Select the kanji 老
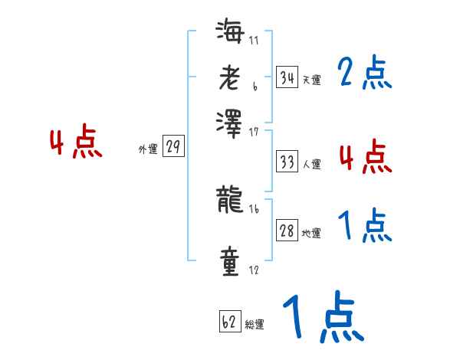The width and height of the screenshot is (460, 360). [230, 80]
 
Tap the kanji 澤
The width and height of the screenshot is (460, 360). [230, 123]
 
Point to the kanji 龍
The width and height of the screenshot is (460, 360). [230, 201]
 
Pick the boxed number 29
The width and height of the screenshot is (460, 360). [172, 148]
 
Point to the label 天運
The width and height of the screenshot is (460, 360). [312, 80]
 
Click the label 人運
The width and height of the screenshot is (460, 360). [312, 164]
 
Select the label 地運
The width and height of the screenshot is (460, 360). [312, 233]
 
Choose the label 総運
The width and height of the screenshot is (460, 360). [255, 325]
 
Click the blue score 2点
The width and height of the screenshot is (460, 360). [364, 73]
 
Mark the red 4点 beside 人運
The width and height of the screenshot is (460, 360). [364, 157]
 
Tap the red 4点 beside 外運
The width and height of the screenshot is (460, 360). [76, 143]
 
